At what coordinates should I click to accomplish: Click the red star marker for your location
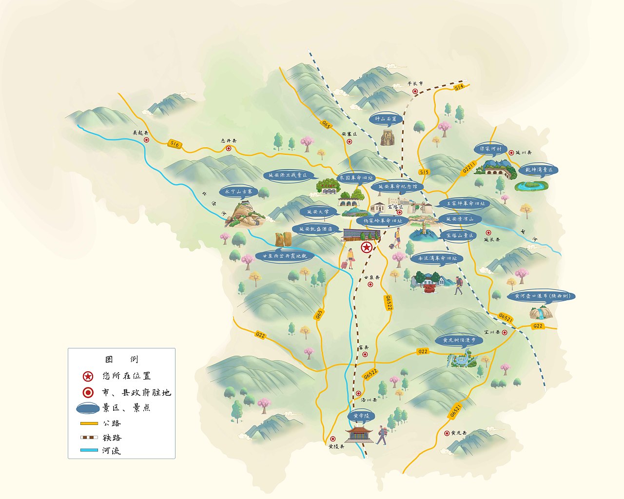click(366, 248)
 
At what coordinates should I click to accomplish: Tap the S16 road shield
click(175, 144)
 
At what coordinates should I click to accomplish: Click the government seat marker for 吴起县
click(146, 140)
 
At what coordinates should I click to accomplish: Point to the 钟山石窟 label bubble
click(385, 119)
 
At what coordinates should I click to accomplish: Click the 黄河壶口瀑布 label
click(541, 296)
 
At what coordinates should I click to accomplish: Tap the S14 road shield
click(458, 88)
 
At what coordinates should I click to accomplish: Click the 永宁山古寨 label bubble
click(239, 192)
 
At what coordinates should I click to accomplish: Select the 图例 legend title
click(122, 360)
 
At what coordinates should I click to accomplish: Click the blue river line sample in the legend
click(89, 450)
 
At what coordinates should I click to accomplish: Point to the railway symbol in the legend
click(89, 437)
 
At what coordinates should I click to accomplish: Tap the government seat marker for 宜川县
click(505, 332)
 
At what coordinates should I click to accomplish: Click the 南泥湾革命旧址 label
click(435, 258)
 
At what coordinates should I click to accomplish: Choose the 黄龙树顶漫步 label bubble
click(458, 340)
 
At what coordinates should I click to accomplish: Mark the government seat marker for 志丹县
click(228, 148)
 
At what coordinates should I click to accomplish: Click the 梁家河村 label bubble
click(490, 149)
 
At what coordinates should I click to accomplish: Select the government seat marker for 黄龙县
click(447, 433)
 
